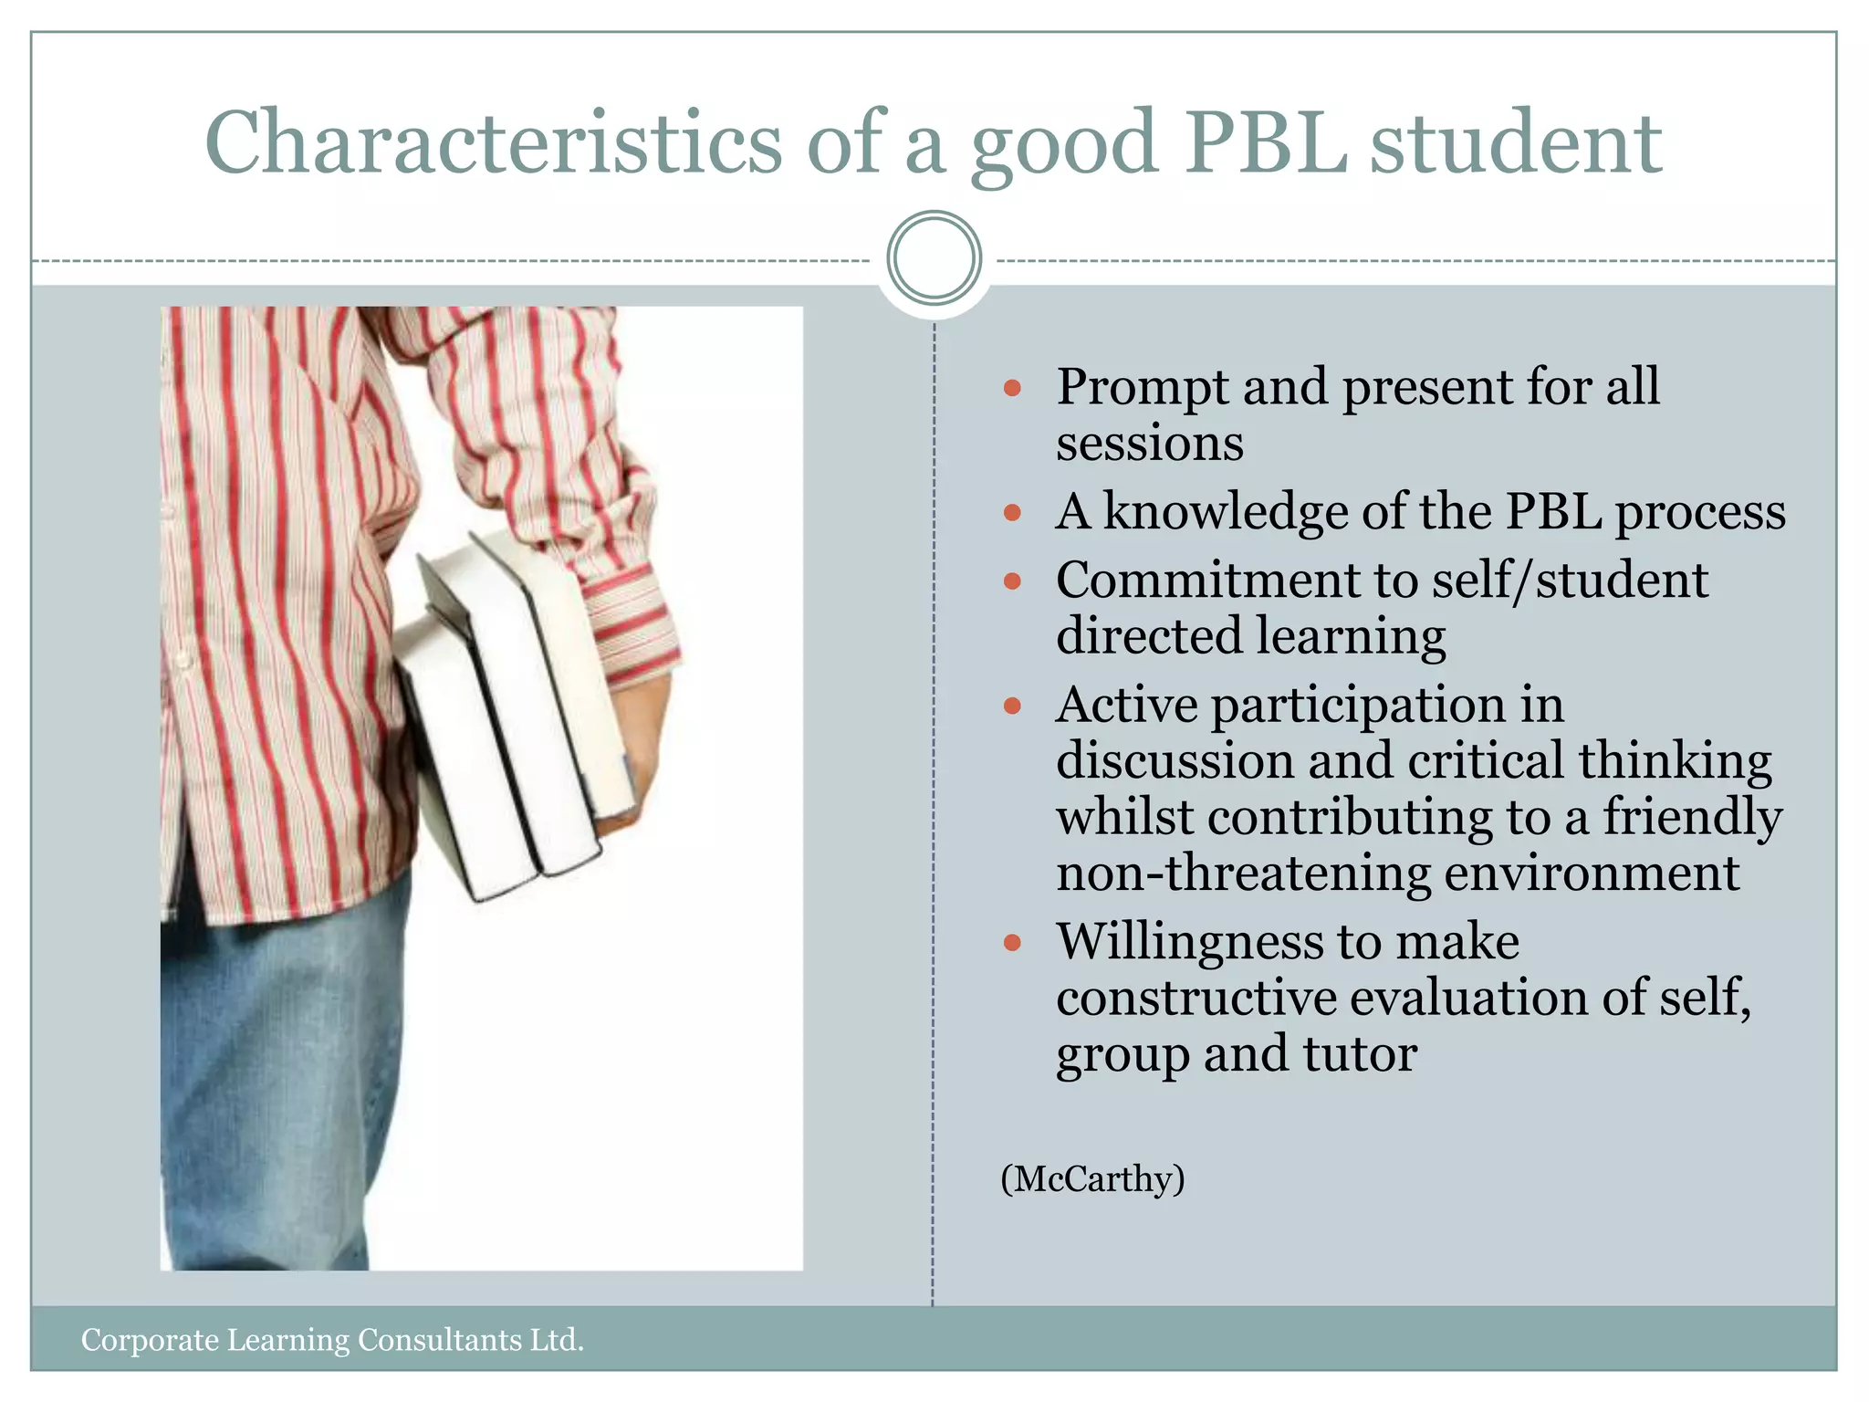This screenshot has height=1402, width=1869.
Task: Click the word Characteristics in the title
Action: pos(493,143)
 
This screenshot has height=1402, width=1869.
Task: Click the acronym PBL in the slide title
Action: pos(1266,143)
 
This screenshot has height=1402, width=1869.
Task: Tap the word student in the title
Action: pos(1516,143)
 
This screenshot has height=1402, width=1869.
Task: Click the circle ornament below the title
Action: pos(934,258)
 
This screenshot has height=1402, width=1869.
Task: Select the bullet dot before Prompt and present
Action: pos(1011,389)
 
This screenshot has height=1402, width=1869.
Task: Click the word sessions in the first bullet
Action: pos(1149,445)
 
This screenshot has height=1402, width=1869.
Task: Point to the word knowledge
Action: pos(1226,511)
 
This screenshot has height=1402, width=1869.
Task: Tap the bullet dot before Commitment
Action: pos(1011,581)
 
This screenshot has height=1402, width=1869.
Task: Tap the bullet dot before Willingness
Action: pos(1011,943)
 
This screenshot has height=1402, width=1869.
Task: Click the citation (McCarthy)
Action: pos(1092,1179)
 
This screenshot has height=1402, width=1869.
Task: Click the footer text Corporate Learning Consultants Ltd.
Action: pos(332,1340)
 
